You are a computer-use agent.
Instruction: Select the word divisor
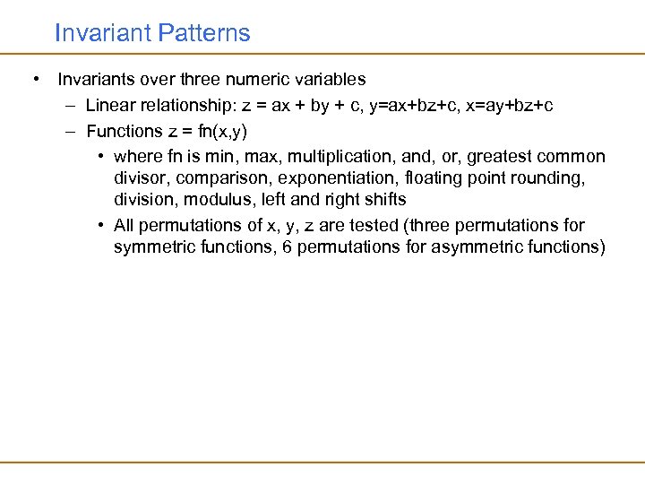(141, 178)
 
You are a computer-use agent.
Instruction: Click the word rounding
(552, 178)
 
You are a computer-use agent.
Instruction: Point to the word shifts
(383, 199)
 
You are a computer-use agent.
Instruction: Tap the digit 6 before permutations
(287, 246)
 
